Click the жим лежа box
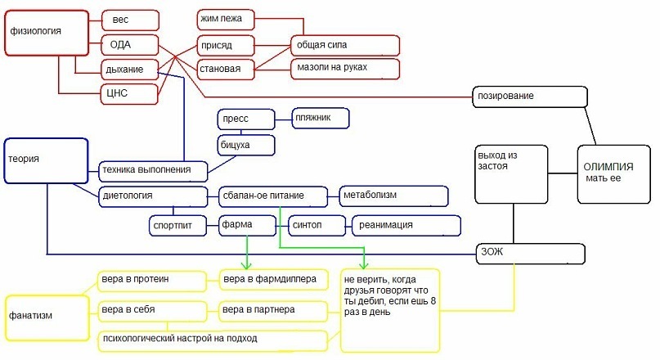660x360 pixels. [x=226, y=17]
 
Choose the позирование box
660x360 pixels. [x=530, y=96]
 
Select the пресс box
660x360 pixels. [x=245, y=119]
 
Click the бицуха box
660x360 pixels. [x=245, y=145]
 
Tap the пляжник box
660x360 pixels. [x=321, y=119]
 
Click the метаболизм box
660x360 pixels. [x=393, y=196]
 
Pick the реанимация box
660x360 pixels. [x=406, y=224]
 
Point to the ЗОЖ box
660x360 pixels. [x=532, y=252]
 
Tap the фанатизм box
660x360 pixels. [x=45, y=316]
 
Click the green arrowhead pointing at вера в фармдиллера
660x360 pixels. [x=247, y=264]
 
